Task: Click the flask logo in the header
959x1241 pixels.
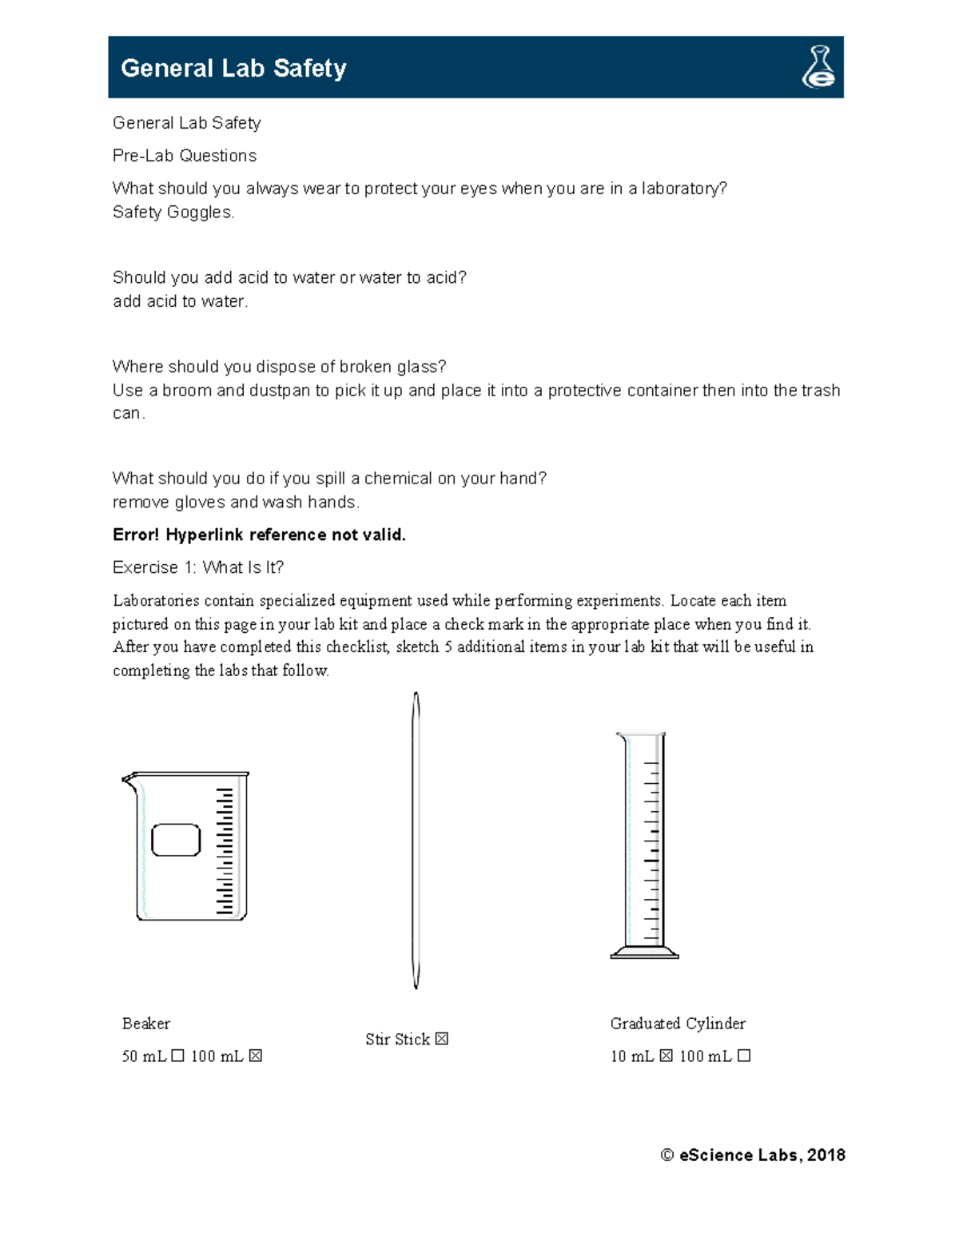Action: (x=818, y=67)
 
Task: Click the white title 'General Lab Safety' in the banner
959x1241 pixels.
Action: (x=233, y=68)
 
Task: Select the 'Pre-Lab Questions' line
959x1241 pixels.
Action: (x=185, y=156)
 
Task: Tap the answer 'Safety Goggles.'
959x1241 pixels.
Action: (x=173, y=213)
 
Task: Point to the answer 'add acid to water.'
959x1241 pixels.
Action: (x=180, y=301)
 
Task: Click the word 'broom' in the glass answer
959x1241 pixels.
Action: (x=186, y=391)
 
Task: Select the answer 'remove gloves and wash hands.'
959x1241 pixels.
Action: (x=236, y=503)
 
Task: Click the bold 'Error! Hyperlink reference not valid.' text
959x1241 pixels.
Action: (x=259, y=535)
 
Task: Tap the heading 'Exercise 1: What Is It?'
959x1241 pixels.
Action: (x=197, y=567)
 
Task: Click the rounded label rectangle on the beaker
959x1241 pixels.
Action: (x=176, y=840)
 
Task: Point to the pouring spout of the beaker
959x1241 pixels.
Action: (x=128, y=779)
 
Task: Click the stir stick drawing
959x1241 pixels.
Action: (x=416, y=839)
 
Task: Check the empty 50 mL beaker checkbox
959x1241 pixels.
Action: (x=177, y=1056)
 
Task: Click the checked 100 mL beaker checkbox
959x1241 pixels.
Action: (x=255, y=1056)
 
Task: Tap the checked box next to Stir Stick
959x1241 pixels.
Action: (x=441, y=1039)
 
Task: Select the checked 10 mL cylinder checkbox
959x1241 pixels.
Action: (x=666, y=1056)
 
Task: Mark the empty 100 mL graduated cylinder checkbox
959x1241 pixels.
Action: (x=744, y=1056)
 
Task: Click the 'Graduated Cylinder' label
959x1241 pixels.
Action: (x=678, y=1024)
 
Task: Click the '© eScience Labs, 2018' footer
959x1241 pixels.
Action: (x=753, y=1155)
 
